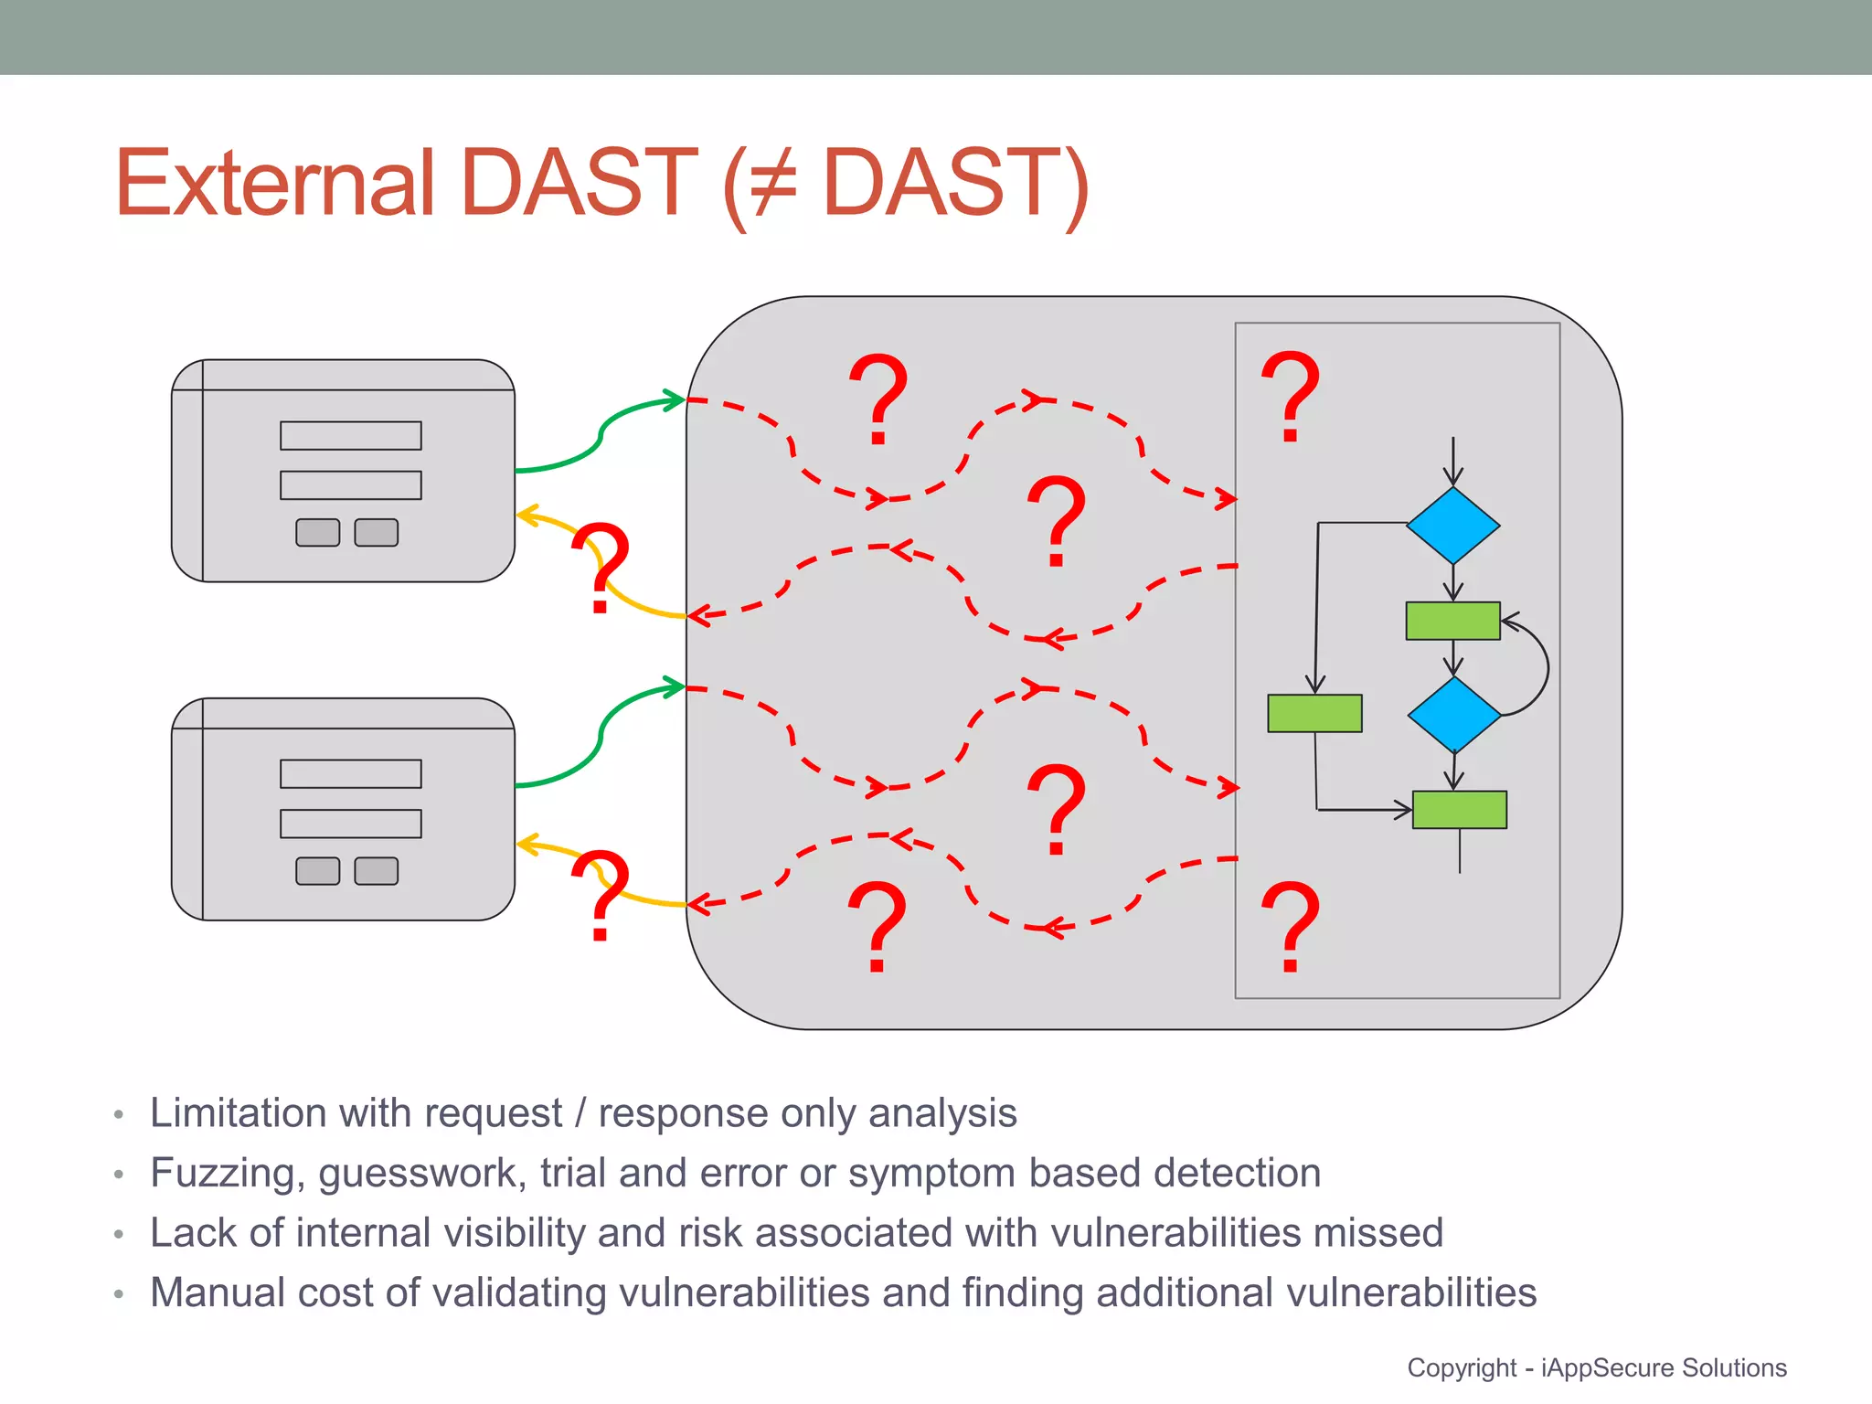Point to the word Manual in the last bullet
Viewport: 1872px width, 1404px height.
click(x=217, y=1292)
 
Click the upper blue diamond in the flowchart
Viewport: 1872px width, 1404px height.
click(x=1452, y=526)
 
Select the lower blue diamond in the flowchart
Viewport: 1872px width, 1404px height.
click(x=1453, y=715)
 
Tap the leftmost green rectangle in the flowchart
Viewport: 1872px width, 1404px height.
click(x=1314, y=713)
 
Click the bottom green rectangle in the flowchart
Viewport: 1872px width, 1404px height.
click(x=1459, y=810)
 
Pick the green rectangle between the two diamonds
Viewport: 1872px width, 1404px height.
click(x=1452, y=621)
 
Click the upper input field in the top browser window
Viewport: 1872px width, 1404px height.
click(x=350, y=436)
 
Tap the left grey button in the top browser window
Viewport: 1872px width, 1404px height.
click(x=317, y=533)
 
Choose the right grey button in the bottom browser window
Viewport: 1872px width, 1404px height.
click(x=376, y=871)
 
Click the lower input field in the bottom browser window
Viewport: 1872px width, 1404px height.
click(x=350, y=824)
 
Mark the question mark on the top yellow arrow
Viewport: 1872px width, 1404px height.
click(x=601, y=567)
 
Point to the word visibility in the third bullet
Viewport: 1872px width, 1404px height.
click(x=513, y=1233)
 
